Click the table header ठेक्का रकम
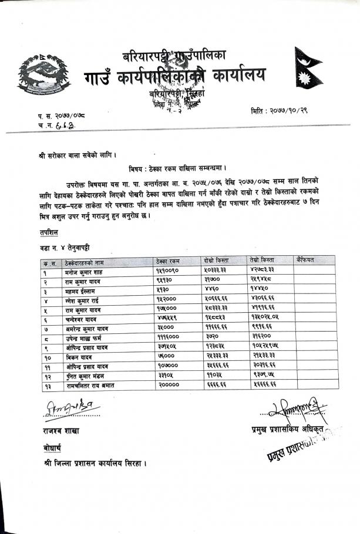pyautogui.click(x=170, y=259)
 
